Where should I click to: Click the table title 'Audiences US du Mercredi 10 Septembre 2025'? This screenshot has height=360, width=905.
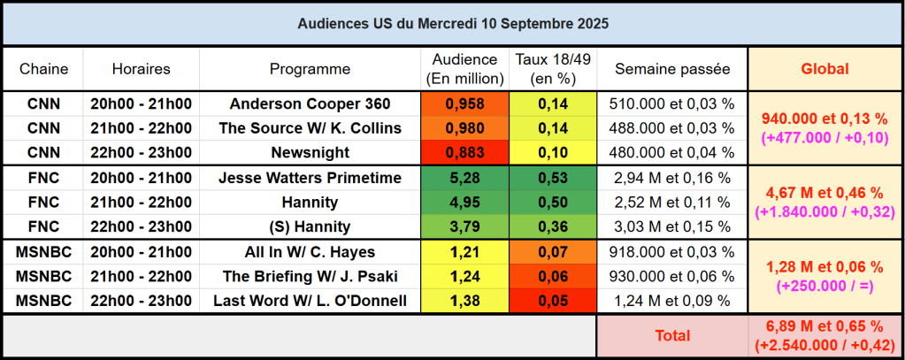click(x=452, y=22)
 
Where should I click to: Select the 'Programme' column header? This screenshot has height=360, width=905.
click(x=310, y=68)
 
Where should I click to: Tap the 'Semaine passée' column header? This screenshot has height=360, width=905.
click(x=672, y=68)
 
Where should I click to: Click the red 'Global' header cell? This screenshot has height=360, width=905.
click(x=824, y=68)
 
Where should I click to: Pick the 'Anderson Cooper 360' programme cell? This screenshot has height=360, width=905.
click(x=310, y=103)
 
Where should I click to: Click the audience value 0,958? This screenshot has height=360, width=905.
click(x=465, y=103)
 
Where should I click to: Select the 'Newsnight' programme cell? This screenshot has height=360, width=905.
click(x=310, y=152)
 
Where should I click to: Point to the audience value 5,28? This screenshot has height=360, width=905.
click(x=465, y=178)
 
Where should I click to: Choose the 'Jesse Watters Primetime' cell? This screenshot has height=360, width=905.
click(x=310, y=178)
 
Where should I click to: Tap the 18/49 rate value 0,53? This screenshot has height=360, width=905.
click(x=553, y=178)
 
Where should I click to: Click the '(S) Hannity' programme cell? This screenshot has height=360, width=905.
click(x=310, y=226)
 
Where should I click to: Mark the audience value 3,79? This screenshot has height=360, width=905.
click(x=465, y=226)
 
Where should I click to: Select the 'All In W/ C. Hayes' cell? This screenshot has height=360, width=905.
click(x=310, y=252)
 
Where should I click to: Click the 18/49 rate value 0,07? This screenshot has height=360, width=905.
click(x=553, y=252)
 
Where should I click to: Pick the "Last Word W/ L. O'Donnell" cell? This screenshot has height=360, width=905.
click(x=310, y=301)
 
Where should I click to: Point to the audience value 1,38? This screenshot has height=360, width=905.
click(x=465, y=301)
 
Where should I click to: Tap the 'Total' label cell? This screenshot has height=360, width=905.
click(x=672, y=336)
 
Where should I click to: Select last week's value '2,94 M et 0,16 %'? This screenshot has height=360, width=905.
click(x=672, y=178)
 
